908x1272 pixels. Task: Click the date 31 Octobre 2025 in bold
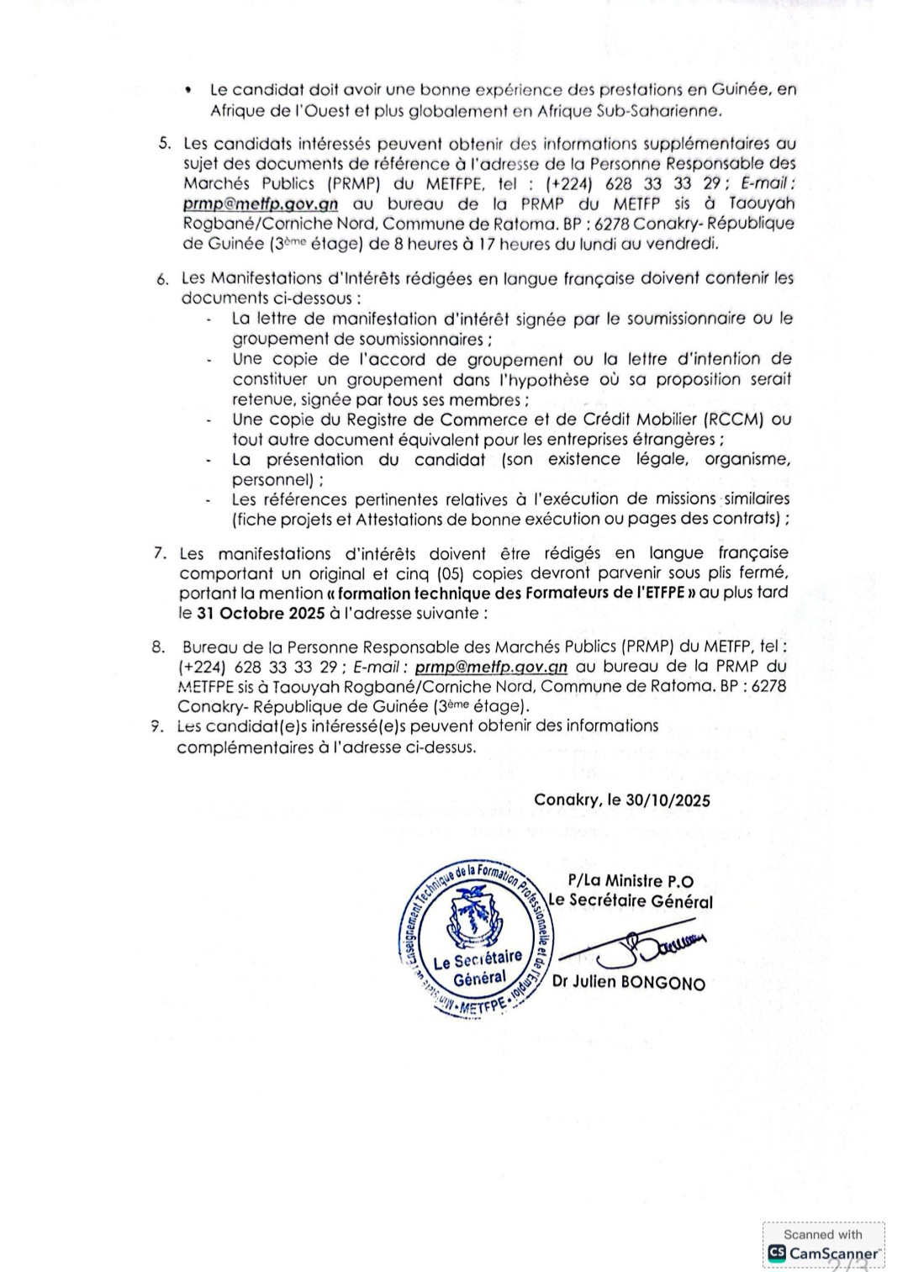point(261,613)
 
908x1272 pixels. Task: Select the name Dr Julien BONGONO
point(629,982)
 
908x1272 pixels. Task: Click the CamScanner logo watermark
point(824,1253)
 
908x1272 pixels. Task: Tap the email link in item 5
point(261,203)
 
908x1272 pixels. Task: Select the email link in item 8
point(491,667)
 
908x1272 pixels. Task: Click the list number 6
point(162,279)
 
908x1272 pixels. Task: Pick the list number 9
point(157,726)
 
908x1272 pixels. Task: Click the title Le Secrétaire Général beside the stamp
point(630,901)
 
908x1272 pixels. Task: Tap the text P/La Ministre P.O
point(631,881)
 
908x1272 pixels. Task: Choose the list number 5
point(165,144)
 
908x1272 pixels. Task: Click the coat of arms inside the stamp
point(465,917)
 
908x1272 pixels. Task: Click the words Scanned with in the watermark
point(822,1234)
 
